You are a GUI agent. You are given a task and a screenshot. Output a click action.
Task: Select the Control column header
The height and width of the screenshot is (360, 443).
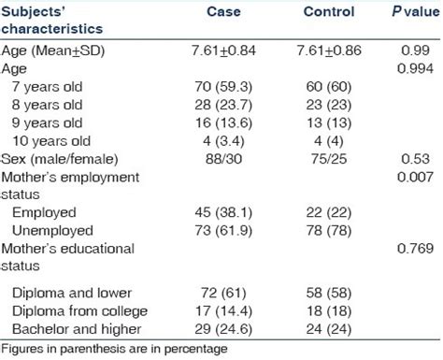[x=328, y=13]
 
